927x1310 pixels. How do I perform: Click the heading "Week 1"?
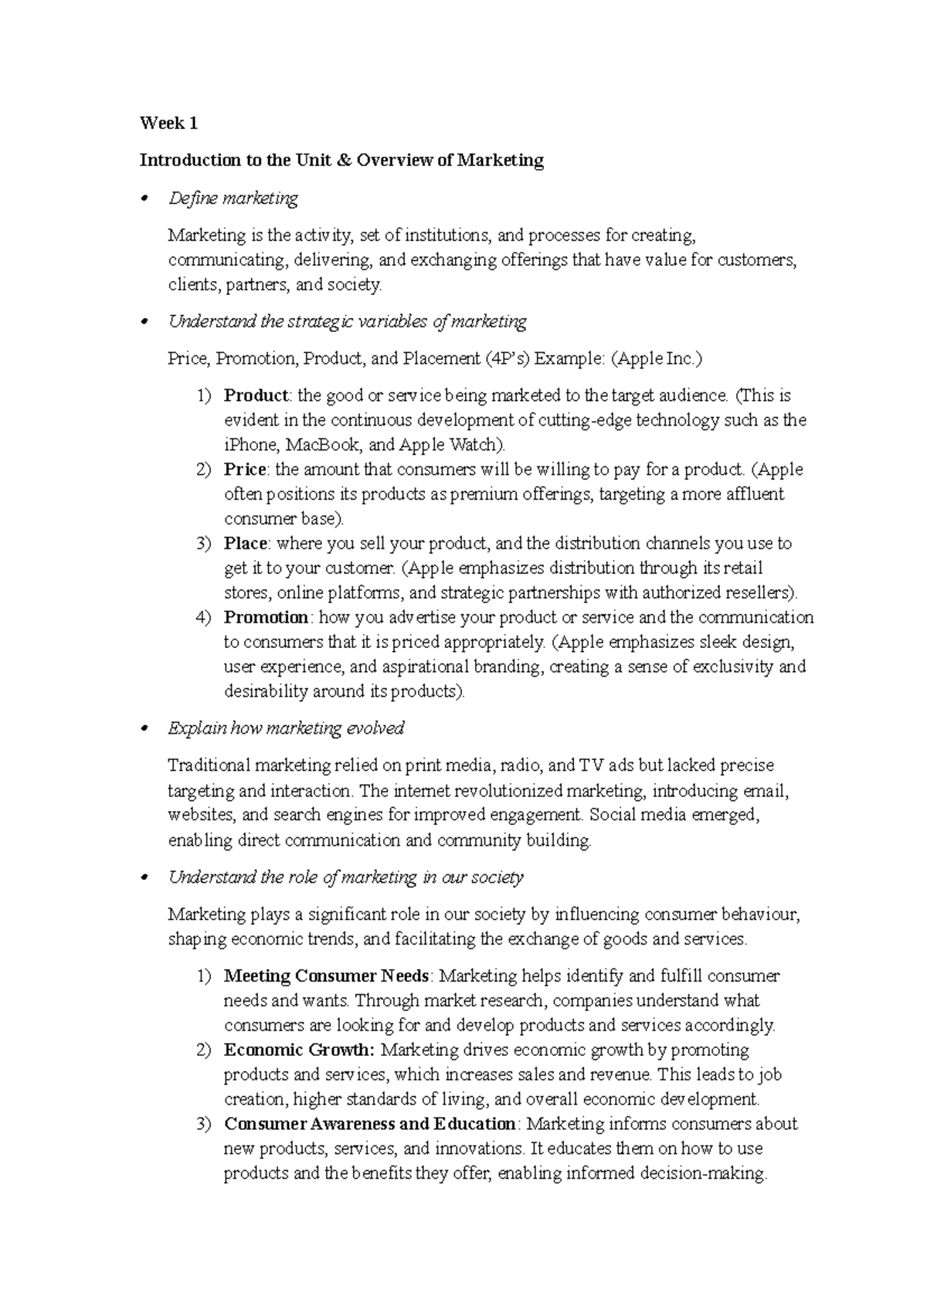pyautogui.click(x=168, y=124)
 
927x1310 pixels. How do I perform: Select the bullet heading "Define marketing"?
pyautogui.click(x=233, y=199)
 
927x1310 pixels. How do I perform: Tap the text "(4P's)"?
pyautogui.click(x=508, y=358)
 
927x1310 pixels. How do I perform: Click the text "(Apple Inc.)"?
pyautogui.click(x=657, y=358)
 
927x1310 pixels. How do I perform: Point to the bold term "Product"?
pyautogui.click(x=256, y=395)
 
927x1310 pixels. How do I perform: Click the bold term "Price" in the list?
pyautogui.click(x=245, y=470)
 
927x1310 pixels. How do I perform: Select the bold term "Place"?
pyautogui.click(x=246, y=544)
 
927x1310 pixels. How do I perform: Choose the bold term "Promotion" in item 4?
pyautogui.click(x=267, y=618)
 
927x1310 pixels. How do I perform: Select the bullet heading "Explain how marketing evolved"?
pyautogui.click(x=286, y=728)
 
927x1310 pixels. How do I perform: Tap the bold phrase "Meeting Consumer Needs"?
pyautogui.click(x=326, y=976)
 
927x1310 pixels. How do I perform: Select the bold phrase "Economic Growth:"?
pyautogui.click(x=299, y=1050)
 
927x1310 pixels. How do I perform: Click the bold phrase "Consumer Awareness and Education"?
pyautogui.click(x=369, y=1124)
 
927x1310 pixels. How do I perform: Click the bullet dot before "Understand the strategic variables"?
pyautogui.click(x=142, y=324)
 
